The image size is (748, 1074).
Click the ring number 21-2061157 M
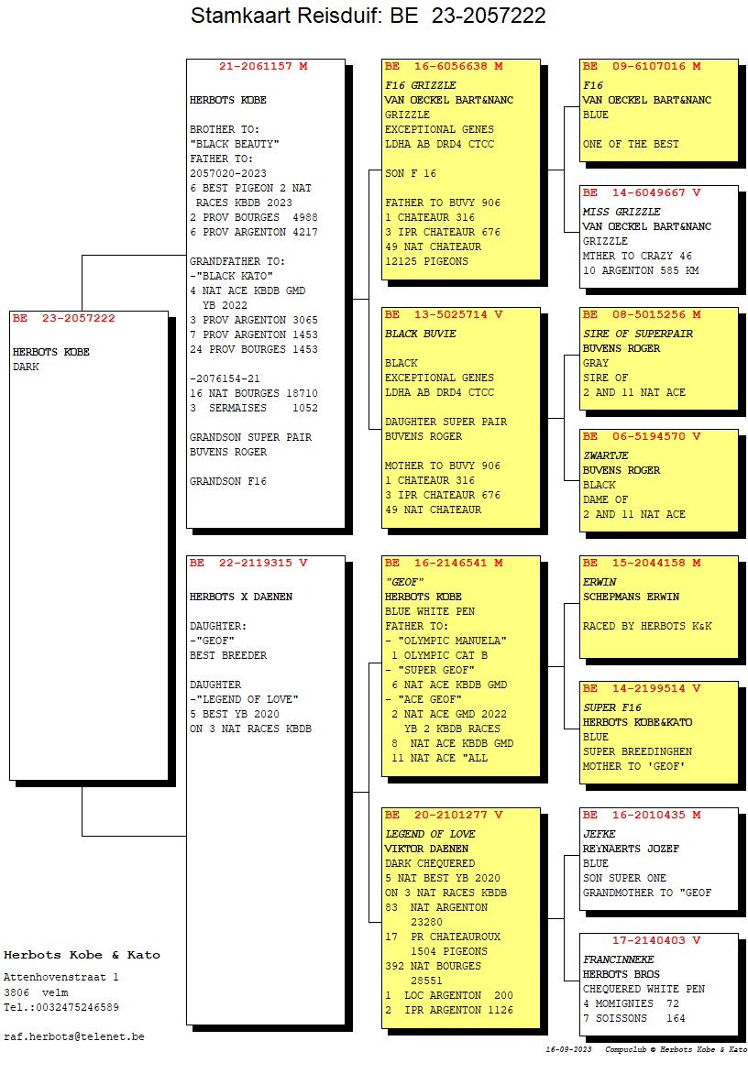(264, 67)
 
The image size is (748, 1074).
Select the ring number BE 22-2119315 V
(248, 564)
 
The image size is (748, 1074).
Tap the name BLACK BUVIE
(420, 334)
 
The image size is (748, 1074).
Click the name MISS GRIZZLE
(621, 212)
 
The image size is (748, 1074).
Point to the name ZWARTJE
(606, 455)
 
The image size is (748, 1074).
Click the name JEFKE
(599, 834)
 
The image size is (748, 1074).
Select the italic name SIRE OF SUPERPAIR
(638, 334)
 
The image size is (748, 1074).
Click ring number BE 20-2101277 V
(444, 815)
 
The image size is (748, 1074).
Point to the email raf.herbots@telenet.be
(74, 1036)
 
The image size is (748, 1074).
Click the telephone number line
(61, 1007)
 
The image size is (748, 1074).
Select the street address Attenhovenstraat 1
(61, 978)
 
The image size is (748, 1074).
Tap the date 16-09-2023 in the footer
(569, 1049)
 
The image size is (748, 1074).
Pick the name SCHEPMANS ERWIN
(632, 597)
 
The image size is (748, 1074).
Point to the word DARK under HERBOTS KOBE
(27, 367)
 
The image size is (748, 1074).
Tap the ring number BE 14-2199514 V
(642, 688)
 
